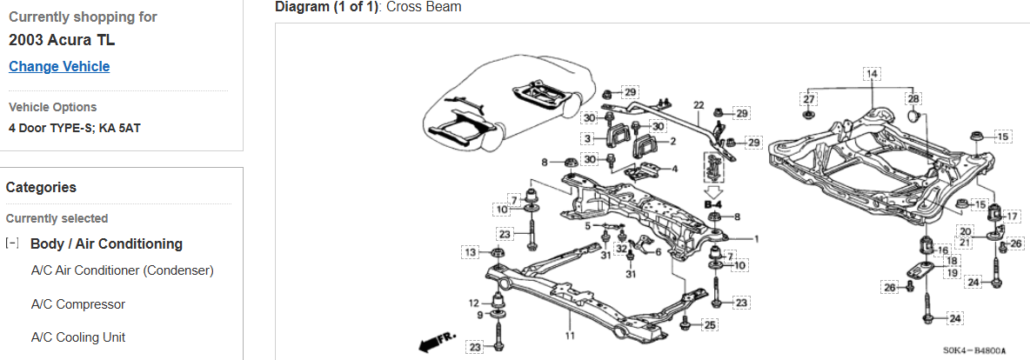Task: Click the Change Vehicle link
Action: point(59,67)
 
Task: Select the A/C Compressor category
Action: point(78,304)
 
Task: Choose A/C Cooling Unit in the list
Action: point(78,337)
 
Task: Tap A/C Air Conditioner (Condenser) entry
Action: point(123,270)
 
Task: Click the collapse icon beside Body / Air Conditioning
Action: point(12,243)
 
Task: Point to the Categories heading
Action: point(41,187)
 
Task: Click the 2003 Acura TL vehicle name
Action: point(62,41)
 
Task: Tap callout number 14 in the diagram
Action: point(872,73)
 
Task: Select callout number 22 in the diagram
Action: point(699,105)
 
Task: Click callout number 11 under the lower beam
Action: point(571,335)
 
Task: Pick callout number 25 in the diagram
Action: point(711,325)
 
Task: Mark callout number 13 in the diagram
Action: point(471,252)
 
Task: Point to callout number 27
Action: point(809,99)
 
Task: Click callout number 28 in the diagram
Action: point(913,99)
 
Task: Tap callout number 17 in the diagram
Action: point(1013,216)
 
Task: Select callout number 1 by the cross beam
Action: point(756,238)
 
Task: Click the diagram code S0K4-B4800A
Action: point(974,351)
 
